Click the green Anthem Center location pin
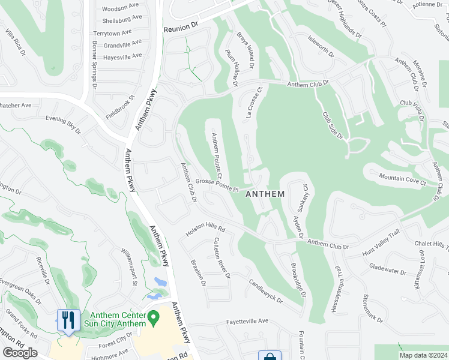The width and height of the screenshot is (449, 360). tap(153, 316)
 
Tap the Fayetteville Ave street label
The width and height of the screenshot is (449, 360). tap(247, 321)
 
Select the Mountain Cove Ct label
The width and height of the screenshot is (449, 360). tap(402, 179)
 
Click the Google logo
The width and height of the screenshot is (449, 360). tap(19, 353)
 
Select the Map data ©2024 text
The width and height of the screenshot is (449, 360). tap(423, 355)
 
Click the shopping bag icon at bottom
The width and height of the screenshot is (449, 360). tap(270, 356)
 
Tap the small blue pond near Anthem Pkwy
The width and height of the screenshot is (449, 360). tap(160, 281)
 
